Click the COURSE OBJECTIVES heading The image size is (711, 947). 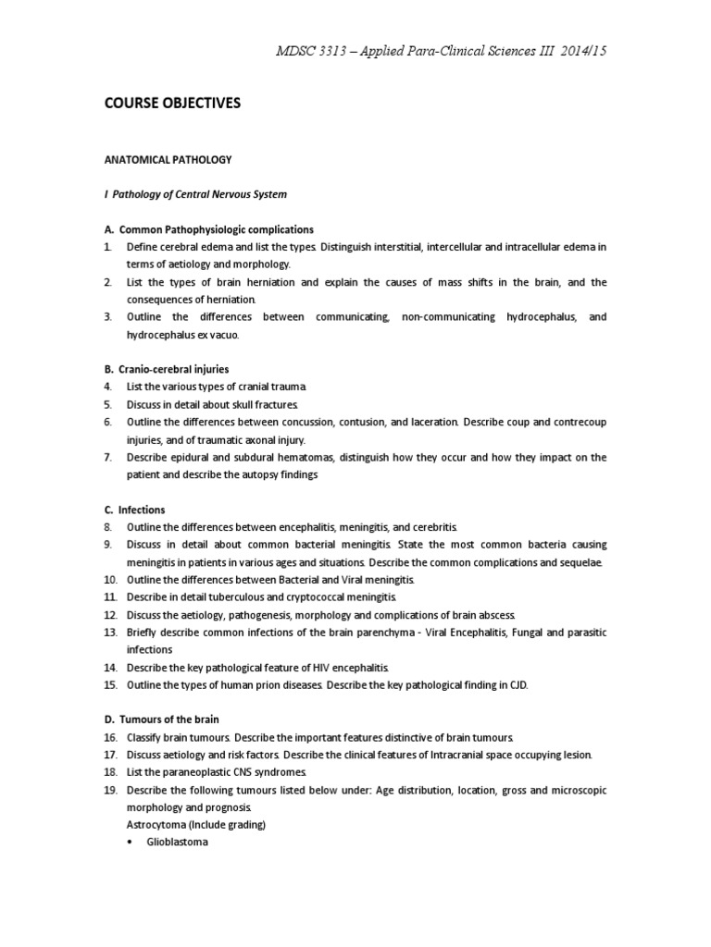click(172, 104)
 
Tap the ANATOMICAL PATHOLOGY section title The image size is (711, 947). click(168, 159)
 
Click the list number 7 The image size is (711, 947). click(108, 457)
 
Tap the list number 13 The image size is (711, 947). click(110, 633)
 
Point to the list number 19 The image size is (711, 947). click(110, 790)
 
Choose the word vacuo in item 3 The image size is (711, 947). click(233, 334)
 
